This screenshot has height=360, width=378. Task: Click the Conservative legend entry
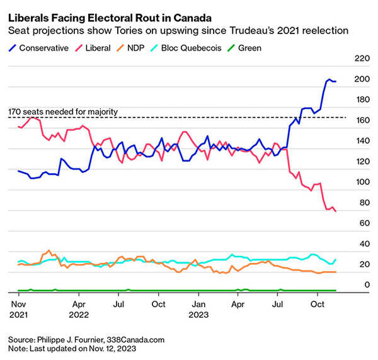pyautogui.click(x=43, y=47)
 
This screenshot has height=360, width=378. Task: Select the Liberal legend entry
pyautogui.click(x=96, y=47)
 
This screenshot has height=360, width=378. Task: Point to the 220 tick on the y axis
pyautogui.click(x=362, y=59)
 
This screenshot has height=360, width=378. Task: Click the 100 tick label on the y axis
pyautogui.click(x=362, y=182)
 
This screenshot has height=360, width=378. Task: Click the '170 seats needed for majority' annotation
pyautogui.click(x=63, y=112)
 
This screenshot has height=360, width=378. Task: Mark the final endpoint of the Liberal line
pyautogui.click(x=335, y=211)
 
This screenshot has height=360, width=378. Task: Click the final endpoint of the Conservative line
pyautogui.click(x=335, y=81)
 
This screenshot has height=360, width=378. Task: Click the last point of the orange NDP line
pyautogui.click(x=335, y=272)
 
